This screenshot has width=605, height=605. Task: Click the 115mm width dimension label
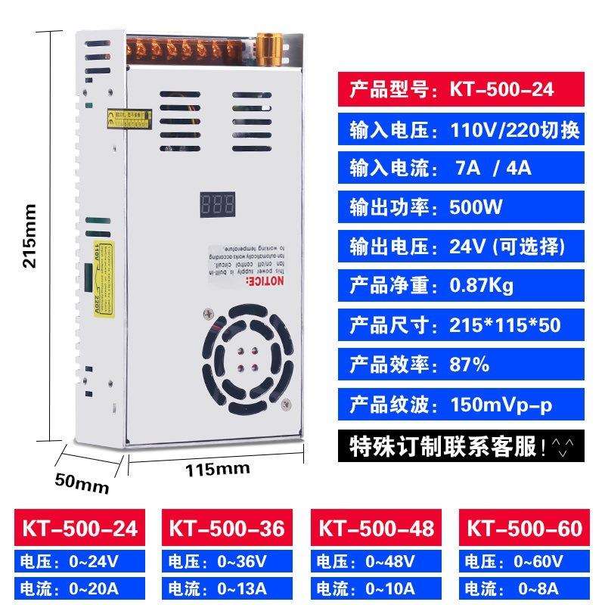(x=218, y=468)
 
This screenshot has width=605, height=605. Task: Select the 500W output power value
(x=476, y=206)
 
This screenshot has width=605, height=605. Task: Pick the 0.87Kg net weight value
(x=482, y=285)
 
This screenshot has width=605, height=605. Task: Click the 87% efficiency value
(x=470, y=365)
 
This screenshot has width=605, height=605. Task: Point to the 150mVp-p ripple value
(x=501, y=405)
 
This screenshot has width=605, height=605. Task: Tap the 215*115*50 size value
(x=505, y=325)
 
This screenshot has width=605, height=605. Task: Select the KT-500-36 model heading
(x=226, y=528)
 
